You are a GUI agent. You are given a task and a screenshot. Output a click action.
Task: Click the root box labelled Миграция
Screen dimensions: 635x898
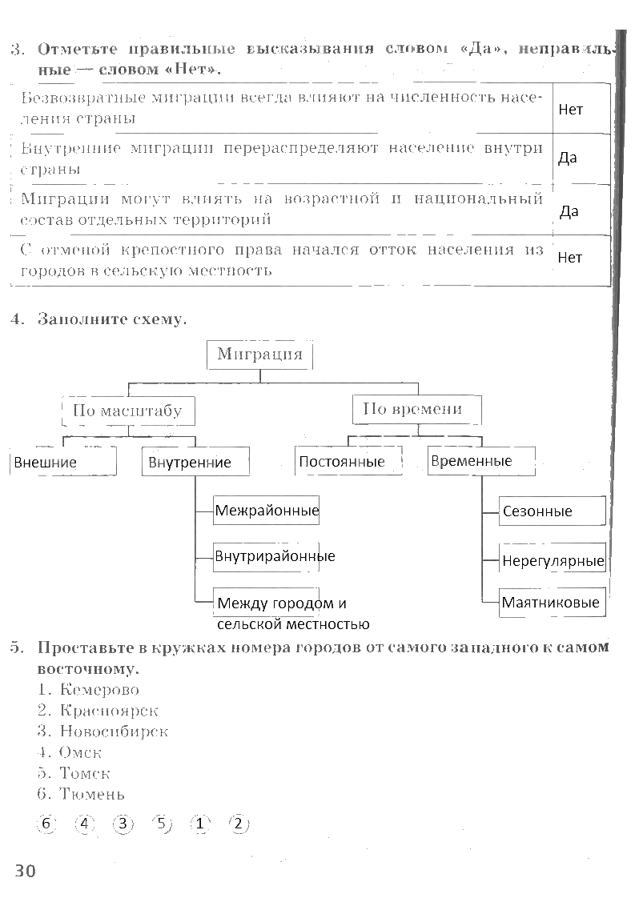[x=259, y=355]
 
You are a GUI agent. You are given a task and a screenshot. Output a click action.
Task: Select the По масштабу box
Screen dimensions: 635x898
[x=128, y=411]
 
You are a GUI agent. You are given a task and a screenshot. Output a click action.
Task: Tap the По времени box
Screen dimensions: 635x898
[x=416, y=410]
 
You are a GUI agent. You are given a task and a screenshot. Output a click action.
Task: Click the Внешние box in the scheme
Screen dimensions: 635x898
[x=63, y=462]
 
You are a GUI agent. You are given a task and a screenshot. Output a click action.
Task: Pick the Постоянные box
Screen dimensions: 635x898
[x=348, y=460]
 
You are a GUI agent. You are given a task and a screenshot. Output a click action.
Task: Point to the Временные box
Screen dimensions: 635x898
[x=481, y=461]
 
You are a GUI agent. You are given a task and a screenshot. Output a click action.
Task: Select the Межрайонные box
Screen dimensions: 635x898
[x=266, y=511]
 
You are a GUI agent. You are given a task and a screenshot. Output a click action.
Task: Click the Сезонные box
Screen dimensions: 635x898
[x=552, y=511]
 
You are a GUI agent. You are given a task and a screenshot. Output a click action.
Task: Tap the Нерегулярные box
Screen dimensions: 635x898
[x=552, y=559]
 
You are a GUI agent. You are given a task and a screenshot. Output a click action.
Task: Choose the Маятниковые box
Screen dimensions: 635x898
[x=552, y=603]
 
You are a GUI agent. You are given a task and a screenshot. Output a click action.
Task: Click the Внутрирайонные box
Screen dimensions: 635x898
[x=266, y=557]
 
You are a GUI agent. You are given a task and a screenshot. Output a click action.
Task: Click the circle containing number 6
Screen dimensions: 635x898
[x=46, y=824]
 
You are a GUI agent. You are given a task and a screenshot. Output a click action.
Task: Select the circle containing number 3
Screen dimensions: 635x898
[x=123, y=824]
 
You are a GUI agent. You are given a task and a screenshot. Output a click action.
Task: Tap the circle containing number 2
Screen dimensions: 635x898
[x=239, y=824]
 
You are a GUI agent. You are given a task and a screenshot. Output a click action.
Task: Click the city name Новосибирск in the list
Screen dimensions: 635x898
[x=114, y=732]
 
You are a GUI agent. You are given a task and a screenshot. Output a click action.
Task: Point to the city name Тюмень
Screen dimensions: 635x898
[x=92, y=794]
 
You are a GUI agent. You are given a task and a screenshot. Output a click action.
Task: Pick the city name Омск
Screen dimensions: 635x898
[x=80, y=752]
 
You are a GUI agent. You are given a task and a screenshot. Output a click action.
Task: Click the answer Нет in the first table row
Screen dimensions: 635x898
[x=570, y=110]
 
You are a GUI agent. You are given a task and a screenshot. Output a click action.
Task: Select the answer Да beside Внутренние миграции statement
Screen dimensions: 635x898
[x=568, y=158]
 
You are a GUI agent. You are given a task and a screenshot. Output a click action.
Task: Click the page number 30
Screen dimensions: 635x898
[x=25, y=871]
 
